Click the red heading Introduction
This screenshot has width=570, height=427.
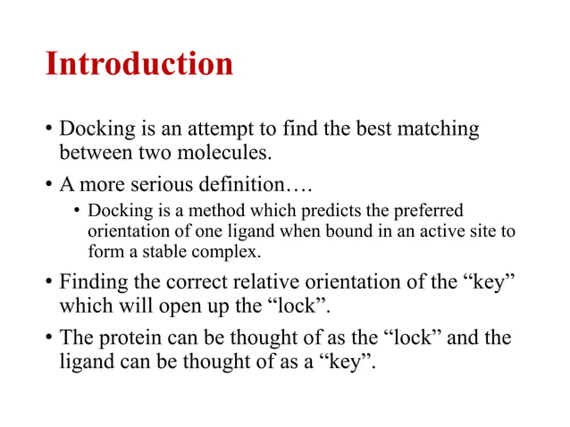(138, 64)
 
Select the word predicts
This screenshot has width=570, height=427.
(332, 212)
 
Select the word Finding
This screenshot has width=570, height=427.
(94, 284)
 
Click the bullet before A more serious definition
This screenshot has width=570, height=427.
(48, 187)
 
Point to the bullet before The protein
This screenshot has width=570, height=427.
(48, 340)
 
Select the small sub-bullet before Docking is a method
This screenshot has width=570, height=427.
(77, 213)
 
